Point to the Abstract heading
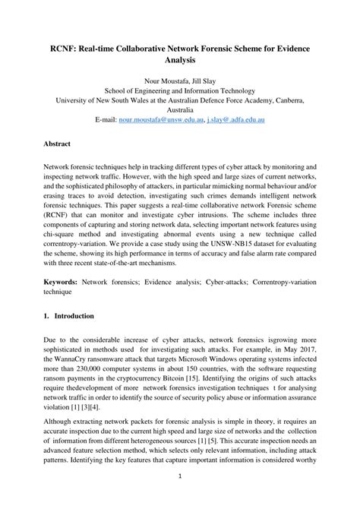(58, 143)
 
